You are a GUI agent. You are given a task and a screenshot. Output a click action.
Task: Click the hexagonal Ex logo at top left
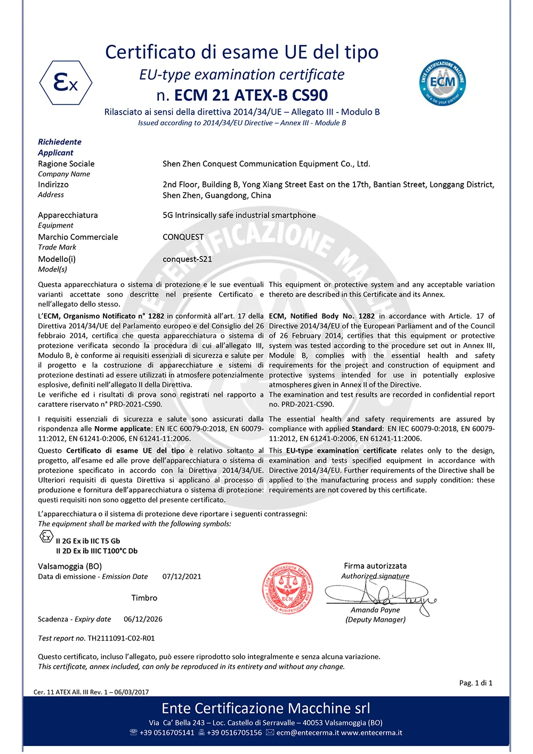click(66, 83)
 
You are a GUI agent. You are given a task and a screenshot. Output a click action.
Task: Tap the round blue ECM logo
click(442, 83)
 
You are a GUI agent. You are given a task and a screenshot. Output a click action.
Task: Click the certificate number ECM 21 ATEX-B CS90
click(251, 95)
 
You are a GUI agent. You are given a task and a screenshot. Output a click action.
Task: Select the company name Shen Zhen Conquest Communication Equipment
click(266, 164)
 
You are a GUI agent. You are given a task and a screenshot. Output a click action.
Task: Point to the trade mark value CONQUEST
click(183, 237)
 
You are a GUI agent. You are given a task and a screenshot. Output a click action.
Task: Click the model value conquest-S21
click(187, 259)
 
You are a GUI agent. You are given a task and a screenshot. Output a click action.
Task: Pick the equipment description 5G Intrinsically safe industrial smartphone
click(239, 215)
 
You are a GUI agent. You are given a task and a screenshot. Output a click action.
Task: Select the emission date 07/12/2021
click(182, 576)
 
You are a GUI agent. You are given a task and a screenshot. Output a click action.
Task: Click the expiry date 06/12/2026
click(143, 619)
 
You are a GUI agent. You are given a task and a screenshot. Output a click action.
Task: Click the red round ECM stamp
click(288, 589)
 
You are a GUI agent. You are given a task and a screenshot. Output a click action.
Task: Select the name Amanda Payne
click(375, 610)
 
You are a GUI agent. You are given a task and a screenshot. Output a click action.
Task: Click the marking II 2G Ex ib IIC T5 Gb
click(88, 541)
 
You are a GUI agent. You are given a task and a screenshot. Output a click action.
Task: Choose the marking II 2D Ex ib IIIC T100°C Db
click(96, 551)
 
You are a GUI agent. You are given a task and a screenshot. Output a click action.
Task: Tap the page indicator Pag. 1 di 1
click(475, 683)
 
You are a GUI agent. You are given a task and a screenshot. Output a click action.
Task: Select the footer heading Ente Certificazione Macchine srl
click(265, 708)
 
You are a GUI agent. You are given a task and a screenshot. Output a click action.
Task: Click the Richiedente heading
click(60, 142)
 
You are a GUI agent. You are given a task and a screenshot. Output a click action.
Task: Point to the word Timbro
click(144, 598)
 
